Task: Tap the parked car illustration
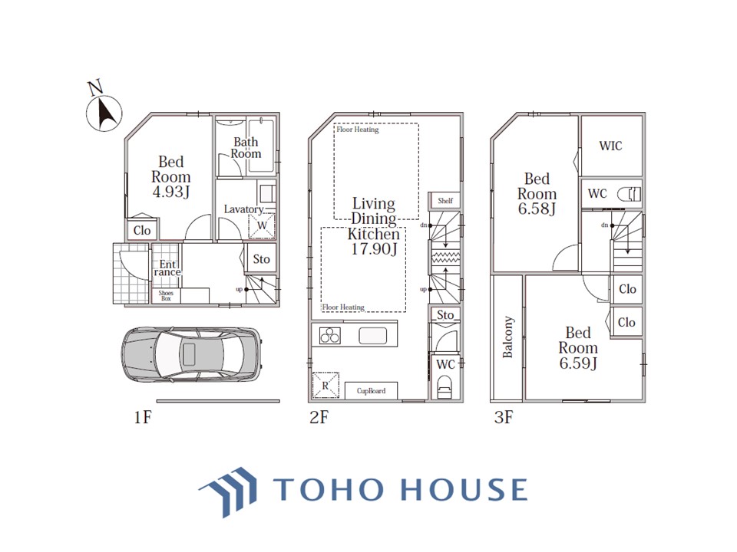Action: (191, 354)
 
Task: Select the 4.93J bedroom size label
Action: (171, 192)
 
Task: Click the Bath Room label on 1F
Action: (246, 148)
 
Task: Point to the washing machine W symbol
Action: (262, 225)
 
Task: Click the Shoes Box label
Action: (166, 295)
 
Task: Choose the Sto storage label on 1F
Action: (261, 259)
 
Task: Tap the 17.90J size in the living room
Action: (374, 248)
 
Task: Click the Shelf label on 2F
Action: (445, 200)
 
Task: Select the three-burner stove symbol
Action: (330, 336)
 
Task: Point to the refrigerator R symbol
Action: (326, 386)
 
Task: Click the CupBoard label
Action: (371, 390)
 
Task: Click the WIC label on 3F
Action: (610, 146)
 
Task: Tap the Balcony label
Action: (507, 337)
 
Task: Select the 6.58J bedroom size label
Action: (537, 209)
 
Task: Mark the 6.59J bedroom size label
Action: (578, 363)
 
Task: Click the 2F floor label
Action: (319, 417)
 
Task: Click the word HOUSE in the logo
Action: (464, 490)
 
